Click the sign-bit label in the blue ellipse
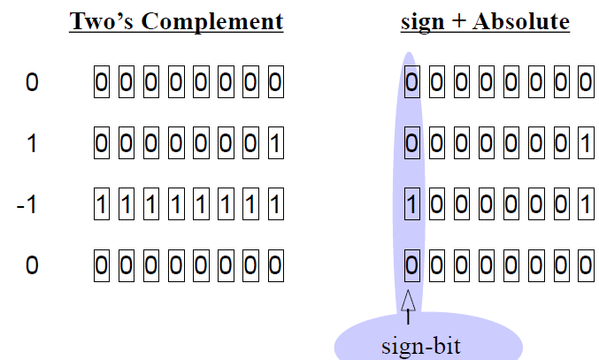(421, 344)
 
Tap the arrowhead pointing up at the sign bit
(408, 300)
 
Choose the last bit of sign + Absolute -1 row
(584, 205)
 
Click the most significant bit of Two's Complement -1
(101, 205)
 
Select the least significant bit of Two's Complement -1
(275, 205)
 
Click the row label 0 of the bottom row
(32, 264)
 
